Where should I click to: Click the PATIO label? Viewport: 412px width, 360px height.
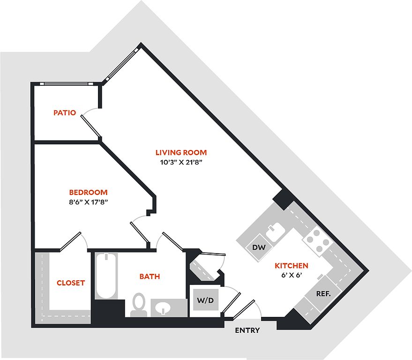point(65,112)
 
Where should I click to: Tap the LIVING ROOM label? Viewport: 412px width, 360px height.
point(181,152)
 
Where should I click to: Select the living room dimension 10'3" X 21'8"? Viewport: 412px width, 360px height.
point(181,163)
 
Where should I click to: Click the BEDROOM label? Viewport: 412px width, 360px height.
point(89,192)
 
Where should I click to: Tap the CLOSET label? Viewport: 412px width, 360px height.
point(71,283)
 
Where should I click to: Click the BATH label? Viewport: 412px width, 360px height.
point(150,277)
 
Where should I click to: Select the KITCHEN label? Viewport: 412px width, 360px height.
point(291,265)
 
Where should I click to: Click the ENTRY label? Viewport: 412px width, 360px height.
point(247,330)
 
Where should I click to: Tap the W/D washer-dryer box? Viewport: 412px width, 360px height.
point(204,300)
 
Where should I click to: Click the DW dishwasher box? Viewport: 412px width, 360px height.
point(258,247)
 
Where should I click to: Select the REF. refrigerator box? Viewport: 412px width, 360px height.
point(324,294)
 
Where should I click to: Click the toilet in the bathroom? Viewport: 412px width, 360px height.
point(138,304)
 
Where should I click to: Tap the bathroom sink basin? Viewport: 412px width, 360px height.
point(162,308)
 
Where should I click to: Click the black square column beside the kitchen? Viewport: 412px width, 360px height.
point(284,199)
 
